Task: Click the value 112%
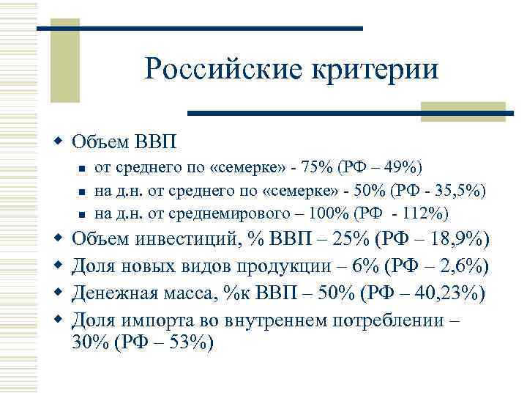click(x=427, y=213)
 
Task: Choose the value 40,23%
click(x=446, y=293)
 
